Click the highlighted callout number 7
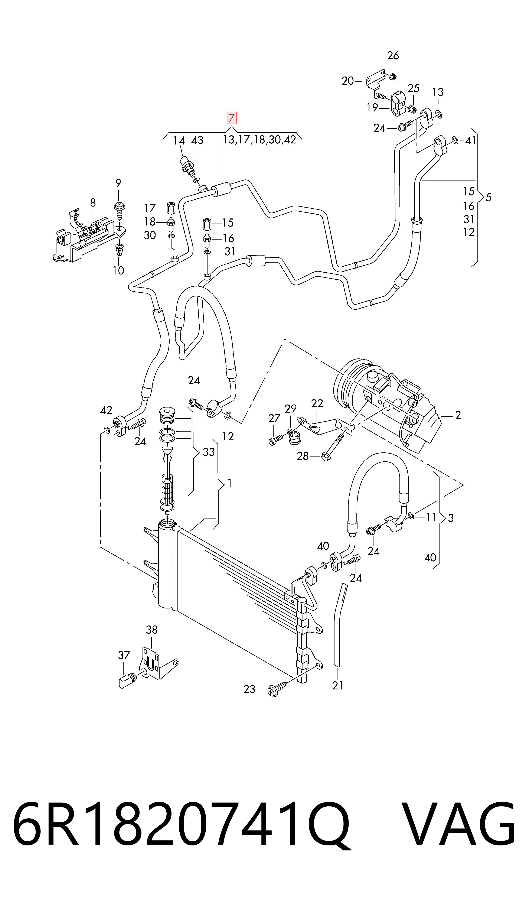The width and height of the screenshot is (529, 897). (232, 118)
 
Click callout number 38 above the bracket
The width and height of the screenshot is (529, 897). (151, 630)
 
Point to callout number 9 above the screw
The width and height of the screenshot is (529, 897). (118, 183)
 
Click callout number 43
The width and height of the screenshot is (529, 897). (197, 140)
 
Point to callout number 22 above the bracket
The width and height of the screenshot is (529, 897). (317, 403)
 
